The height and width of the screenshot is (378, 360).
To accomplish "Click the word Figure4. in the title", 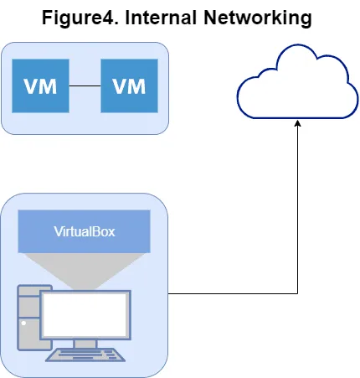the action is pos(80,18).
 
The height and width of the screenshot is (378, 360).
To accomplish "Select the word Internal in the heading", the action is pos(162,18).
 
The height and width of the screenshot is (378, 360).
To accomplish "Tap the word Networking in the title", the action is pos(258,18).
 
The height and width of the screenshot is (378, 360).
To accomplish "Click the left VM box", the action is pos(40,85).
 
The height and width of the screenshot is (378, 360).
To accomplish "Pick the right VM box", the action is pos(129,85).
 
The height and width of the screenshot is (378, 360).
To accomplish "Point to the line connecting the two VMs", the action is pos(85,85).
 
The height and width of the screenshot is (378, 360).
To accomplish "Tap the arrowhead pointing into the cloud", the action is pos(297,123).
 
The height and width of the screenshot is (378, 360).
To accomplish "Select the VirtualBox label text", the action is pos(85,231).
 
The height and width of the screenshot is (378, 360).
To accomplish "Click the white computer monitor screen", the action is pos(85,315).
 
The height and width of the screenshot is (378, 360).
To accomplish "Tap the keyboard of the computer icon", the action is pos(85,355).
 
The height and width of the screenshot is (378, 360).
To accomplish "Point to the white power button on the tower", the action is pos(23,324).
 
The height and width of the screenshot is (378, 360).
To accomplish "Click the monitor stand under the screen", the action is pos(85,344).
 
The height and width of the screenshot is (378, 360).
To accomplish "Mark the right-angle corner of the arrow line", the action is pos(297,293).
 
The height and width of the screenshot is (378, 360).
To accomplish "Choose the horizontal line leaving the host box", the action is pos(233,293).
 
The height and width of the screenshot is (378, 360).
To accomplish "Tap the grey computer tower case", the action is pos(28,318).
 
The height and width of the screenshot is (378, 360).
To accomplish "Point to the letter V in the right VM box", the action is pos(120,86).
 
